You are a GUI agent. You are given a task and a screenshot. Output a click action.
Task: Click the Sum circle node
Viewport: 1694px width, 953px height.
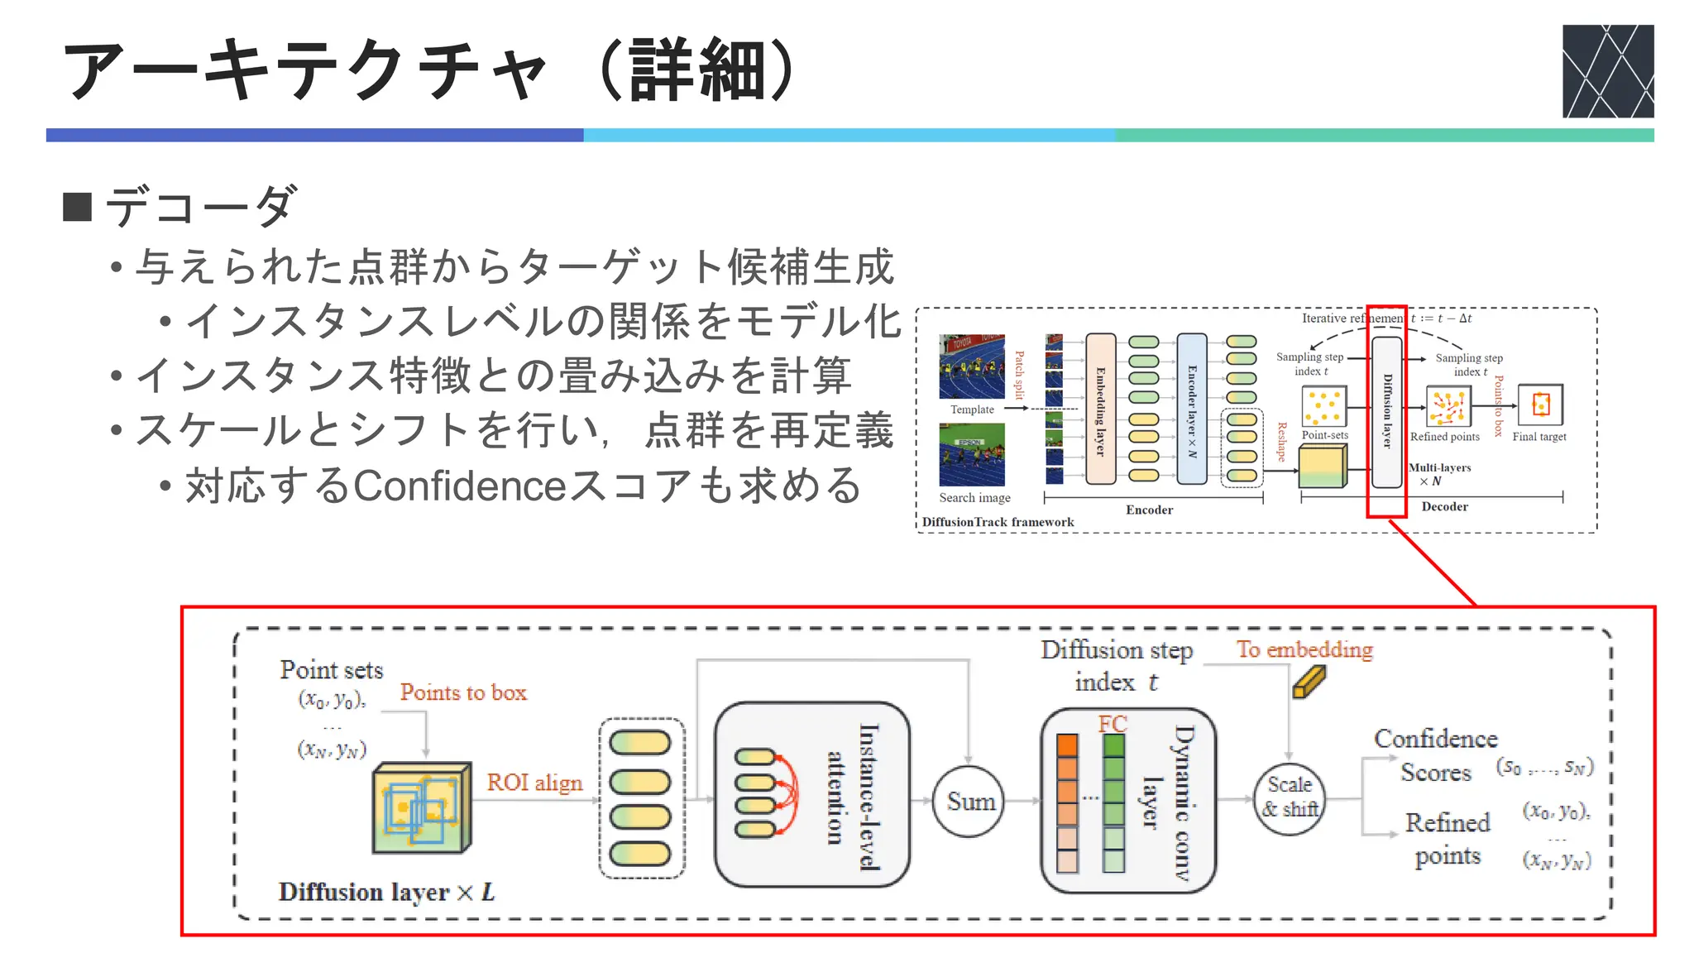tap(969, 801)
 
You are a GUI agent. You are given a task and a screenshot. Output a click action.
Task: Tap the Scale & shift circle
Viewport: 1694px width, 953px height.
tap(1289, 797)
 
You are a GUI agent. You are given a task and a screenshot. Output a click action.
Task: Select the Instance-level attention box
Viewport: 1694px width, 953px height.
tap(811, 794)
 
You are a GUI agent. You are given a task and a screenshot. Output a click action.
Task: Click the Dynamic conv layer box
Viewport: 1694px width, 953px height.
tap(1128, 800)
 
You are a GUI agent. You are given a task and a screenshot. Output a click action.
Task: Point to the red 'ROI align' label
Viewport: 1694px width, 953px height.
tap(534, 782)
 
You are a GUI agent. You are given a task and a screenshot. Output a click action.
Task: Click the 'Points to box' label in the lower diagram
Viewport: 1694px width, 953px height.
tap(463, 692)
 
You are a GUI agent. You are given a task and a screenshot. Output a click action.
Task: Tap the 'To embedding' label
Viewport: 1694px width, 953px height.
tap(1304, 649)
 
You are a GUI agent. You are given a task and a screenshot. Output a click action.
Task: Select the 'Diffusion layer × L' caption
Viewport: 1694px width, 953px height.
tap(386, 892)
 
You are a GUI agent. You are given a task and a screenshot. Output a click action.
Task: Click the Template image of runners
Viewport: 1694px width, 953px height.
tap(972, 366)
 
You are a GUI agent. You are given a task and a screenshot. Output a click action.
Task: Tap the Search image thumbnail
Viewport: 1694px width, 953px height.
tap(972, 454)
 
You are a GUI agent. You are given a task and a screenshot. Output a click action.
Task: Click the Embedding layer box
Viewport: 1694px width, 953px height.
tap(1100, 409)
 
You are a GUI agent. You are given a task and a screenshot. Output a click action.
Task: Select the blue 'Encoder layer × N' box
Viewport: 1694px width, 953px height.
tap(1191, 409)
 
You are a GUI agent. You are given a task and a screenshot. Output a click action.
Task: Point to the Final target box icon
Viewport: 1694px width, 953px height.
tap(1539, 405)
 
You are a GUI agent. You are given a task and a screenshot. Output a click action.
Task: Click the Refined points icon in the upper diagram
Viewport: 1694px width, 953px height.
tap(1448, 406)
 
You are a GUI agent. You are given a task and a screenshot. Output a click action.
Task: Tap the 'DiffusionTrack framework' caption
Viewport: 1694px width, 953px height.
tap(998, 522)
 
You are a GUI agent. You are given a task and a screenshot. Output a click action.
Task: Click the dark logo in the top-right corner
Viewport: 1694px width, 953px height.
tap(1607, 71)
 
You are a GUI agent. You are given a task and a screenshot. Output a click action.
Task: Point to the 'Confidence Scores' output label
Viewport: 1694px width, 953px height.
tap(1436, 754)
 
